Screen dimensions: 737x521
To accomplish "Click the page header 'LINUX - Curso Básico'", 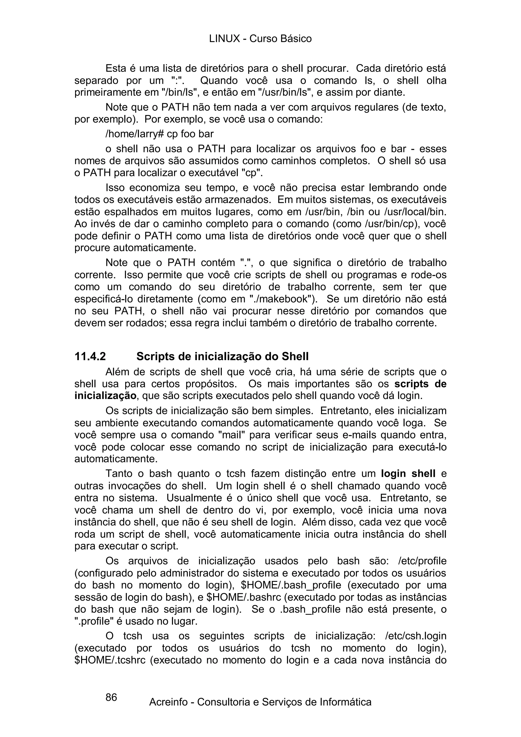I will click(x=260, y=39).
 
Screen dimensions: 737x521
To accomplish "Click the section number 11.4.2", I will click(x=90, y=357).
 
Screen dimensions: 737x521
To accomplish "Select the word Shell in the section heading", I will click(x=295, y=357).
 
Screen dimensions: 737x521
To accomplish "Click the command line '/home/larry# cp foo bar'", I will click(x=160, y=134).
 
